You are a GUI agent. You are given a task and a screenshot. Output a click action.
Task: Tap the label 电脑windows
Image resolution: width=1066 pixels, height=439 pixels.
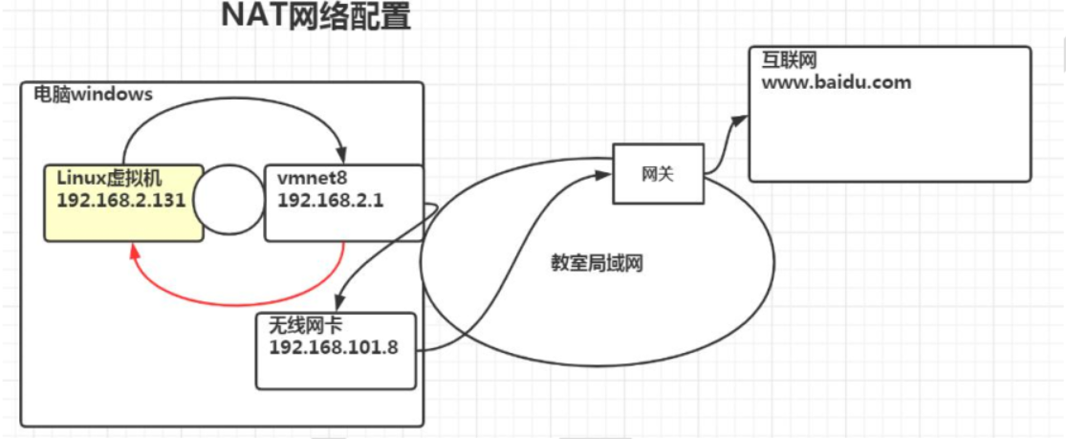(94, 95)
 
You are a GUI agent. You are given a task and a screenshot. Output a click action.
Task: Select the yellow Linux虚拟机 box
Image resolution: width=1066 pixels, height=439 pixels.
(123, 202)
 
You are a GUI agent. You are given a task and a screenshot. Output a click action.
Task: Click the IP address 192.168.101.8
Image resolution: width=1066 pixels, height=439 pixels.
(334, 346)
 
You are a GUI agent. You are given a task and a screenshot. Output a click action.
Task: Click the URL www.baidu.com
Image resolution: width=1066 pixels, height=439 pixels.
(837, 82)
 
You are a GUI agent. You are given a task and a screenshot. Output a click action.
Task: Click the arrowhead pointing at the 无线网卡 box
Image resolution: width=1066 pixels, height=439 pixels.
(342, 303)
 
